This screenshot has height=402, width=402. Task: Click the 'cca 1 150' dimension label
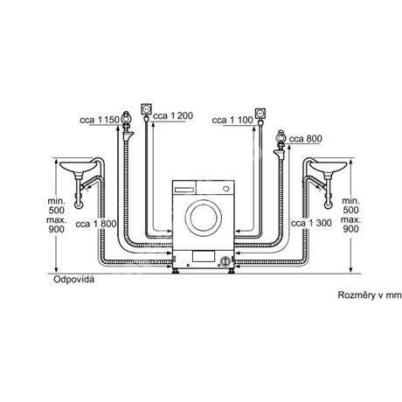(x=100, y=120)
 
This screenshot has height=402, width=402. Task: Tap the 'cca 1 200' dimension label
(x=173, y=116)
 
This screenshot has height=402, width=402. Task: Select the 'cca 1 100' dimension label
(x=232, y=120)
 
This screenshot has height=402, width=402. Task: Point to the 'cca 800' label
(x=306, y=139)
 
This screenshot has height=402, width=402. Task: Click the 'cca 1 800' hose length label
(x=96, y=224)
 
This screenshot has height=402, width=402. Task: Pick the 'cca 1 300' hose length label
(x=311, y=223)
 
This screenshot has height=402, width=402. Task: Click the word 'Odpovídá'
(x=74, y=280)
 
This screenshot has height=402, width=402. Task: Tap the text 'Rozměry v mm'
(x=370, y=295)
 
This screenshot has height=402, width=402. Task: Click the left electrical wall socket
(x=146, y=109)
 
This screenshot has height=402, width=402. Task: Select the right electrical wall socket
(x=260, y=113)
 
